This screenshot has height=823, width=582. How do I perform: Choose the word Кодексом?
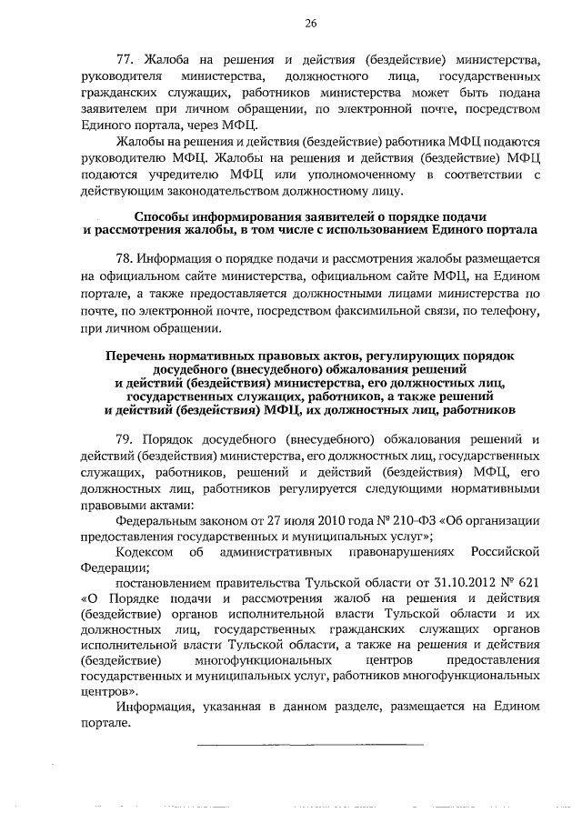pos(148,552)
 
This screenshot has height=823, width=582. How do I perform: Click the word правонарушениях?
pos(399,552)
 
